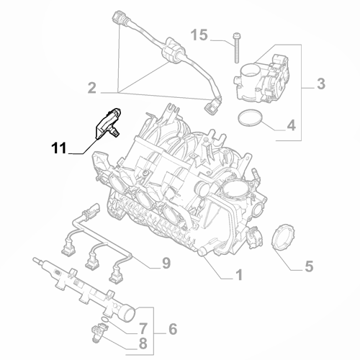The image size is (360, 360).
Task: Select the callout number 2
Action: [x=92, y=89]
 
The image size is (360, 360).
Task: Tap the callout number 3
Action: [x=321, y=85]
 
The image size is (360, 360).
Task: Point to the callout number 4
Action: [x=291, y=125]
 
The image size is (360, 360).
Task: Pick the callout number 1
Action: [x=238, y=274]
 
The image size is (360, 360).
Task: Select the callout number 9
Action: [x=165, y=263]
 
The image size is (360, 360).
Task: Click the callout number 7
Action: [x=143, y=328]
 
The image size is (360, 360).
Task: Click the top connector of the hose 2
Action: [x=117, y=17]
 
